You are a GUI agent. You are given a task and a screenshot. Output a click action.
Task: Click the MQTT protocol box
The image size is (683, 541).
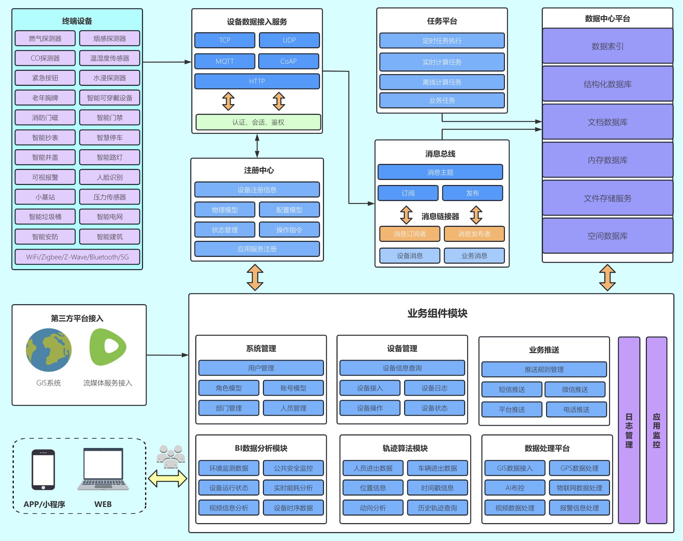(x=225, y=61)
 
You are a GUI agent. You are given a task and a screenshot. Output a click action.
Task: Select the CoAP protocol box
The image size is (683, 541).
(x=289, y=61)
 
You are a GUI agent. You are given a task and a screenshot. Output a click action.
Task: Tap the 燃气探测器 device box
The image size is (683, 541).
(x=45, y=38)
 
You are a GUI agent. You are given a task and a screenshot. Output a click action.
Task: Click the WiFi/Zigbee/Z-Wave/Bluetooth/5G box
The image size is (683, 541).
(x=77, y=257)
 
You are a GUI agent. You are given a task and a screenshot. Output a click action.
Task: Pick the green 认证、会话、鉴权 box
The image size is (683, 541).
(x=258, y=122)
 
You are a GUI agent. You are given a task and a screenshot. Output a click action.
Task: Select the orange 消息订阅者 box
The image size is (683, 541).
(x=409, y=234)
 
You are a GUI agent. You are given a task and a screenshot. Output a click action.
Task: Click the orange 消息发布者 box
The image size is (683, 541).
(x=474, y=234)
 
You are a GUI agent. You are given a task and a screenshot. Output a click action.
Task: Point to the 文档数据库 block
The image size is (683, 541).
(x=608, y=122)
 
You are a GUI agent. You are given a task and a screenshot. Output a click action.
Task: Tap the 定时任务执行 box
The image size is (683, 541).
(x=442, y=41)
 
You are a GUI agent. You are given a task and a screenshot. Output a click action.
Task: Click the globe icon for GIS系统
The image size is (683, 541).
(x=49, y=350)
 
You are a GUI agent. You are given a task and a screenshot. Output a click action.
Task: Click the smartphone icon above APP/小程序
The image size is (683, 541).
(x=43, y=469)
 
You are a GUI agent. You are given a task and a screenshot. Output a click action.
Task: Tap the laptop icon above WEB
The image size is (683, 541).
(x=103, y=469)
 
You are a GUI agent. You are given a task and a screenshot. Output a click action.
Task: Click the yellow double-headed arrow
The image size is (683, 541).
(x=167, y=478)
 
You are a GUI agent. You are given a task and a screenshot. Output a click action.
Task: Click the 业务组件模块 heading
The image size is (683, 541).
(x=437, y=313)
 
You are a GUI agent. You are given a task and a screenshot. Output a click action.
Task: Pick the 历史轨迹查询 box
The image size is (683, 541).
(x=437, y=508)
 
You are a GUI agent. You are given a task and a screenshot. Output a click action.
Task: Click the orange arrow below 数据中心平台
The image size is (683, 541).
(x=608, y=277)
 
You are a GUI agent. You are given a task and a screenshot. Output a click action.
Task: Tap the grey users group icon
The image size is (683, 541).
(x=171, y=456)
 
